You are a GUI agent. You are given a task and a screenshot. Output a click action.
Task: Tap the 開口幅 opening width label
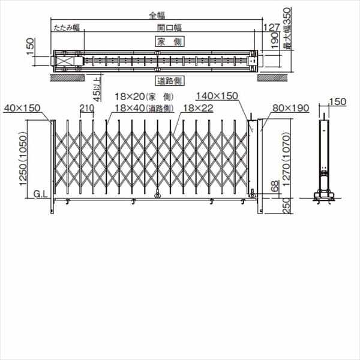(170, 28)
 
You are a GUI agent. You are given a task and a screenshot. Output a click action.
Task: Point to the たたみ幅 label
(66, 28)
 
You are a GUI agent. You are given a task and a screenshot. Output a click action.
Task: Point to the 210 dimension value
(85, 108)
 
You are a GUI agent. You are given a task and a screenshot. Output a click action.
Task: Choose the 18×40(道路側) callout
(144, 108)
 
